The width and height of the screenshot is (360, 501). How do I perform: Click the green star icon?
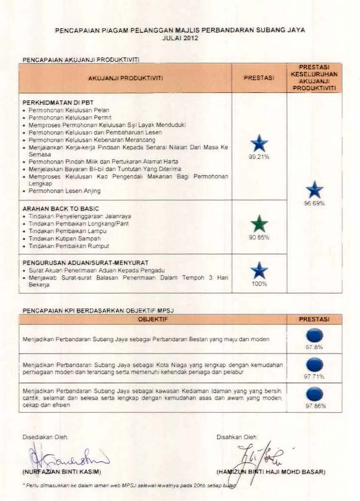pyautogui.click(x=259, y=224)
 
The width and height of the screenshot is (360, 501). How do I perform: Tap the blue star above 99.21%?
pyautogui.click(x=259, y=143)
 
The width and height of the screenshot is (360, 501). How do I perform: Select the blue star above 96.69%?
pyautogui.click(x=314, y=190)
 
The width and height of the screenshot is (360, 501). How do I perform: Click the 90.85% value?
pyautogui.click(x=259, y=238)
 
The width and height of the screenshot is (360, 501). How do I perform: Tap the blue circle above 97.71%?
pyautogui.click(x=314, y=364)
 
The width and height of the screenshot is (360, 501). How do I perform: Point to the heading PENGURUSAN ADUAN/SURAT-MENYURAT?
pyautogui.click(x=85, y=262)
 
